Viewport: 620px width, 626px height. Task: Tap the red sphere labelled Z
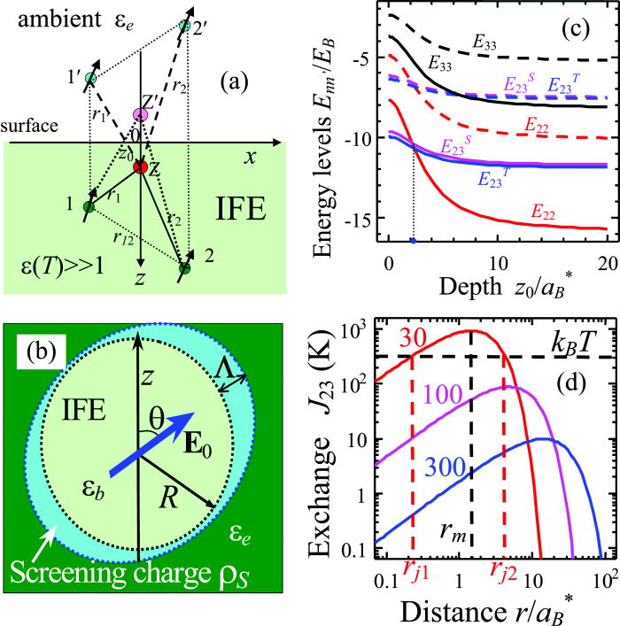click(140, 166)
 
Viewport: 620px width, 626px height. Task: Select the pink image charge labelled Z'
click(139, 116)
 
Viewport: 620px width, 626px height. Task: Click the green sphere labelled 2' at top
click(183, 26)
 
